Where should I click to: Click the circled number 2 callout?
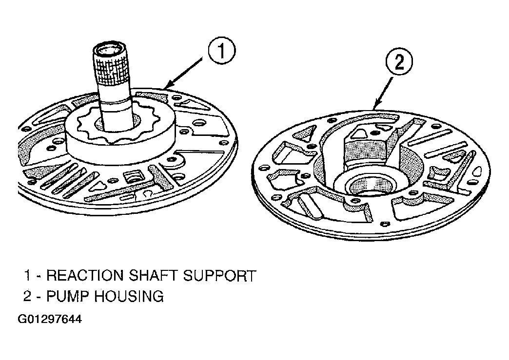399,61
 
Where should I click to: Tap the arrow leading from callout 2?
383,92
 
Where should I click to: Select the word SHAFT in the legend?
153,275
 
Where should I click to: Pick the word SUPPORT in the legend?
219,275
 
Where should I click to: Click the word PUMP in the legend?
67,296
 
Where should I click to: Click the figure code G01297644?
50,319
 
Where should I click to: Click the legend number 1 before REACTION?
27,275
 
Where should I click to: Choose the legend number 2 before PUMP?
27,296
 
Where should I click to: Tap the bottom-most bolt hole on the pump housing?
385,224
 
